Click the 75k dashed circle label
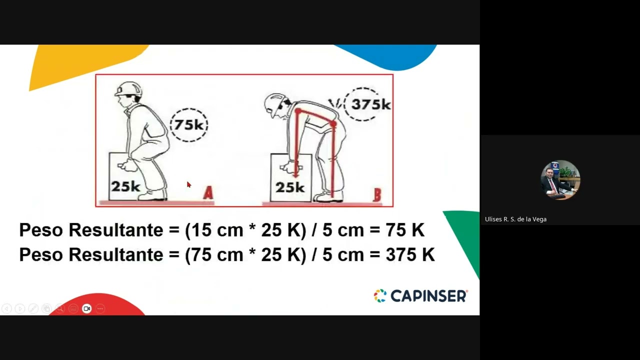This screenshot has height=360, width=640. click(x=189, y=125)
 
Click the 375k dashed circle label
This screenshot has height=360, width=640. click(x=370, y=104)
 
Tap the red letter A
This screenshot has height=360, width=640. click(x=208, y=193)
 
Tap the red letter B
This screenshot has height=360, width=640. click(x=377, y=195)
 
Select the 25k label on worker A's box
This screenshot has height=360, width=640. click(x=125, y=186)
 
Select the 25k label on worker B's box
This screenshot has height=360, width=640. click(x=290, y=187)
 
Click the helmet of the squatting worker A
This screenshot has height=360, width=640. click(x=128, y=89)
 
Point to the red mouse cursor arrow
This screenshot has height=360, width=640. click(x=188, y=184)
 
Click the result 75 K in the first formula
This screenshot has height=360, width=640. click(x=404, y=230)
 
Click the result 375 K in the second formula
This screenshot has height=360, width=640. click(x=410, y=255)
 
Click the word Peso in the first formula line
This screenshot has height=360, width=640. click(x=41, y=230)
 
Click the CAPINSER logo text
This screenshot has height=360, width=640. click(x=428, y=296)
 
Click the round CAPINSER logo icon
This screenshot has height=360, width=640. click(x=380, y=296)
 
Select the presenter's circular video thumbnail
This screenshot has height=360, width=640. click(x=560, y=180)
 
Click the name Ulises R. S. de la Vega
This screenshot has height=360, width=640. click(x=515, y=219)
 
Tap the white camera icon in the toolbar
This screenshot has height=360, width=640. click(x=86, y=308)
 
